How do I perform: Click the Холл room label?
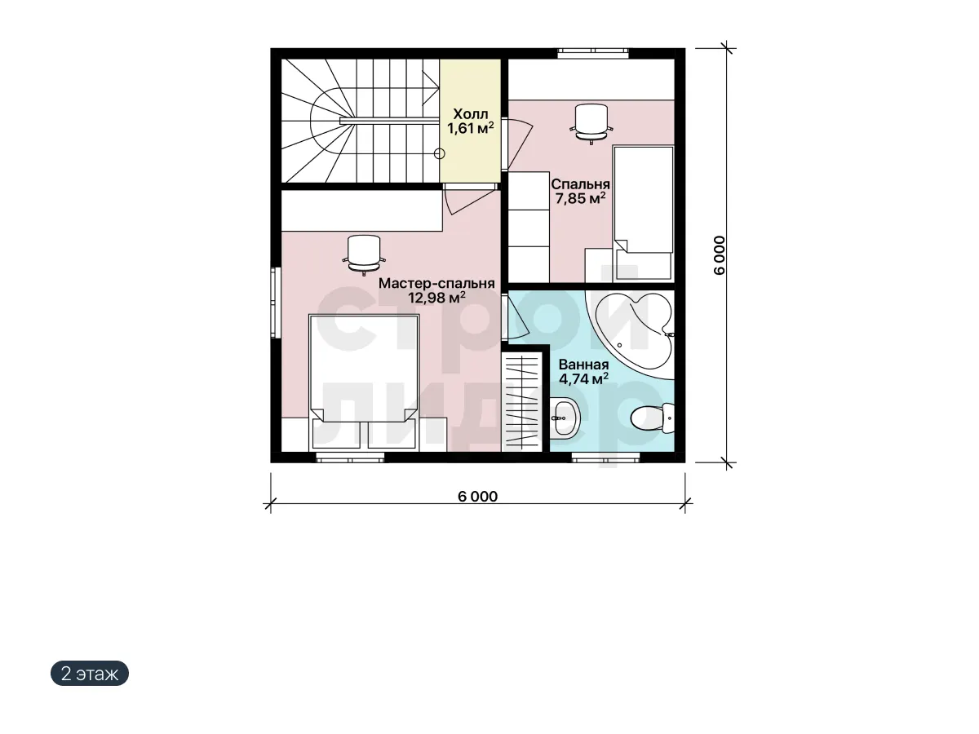tap(471, 113)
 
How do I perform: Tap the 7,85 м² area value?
tap(580, 198)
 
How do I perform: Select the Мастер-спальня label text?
tap(436, 284)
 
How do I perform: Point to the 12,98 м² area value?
tap(436, 297)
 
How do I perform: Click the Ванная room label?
tap(583, 365)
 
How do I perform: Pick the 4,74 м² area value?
tap(583, 378)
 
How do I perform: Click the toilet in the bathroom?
tap(652, 418)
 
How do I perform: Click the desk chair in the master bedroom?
tap(364, 256)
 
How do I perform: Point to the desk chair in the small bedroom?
tap(591, 124)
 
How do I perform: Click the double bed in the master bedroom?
tap(364, 382)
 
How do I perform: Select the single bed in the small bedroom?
tap(643, 213)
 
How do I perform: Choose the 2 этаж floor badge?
tap(90, 673)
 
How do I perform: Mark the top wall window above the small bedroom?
tap(593, 54)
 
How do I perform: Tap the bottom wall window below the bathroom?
tap(605, 458)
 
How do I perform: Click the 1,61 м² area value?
tap(471, 128)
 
